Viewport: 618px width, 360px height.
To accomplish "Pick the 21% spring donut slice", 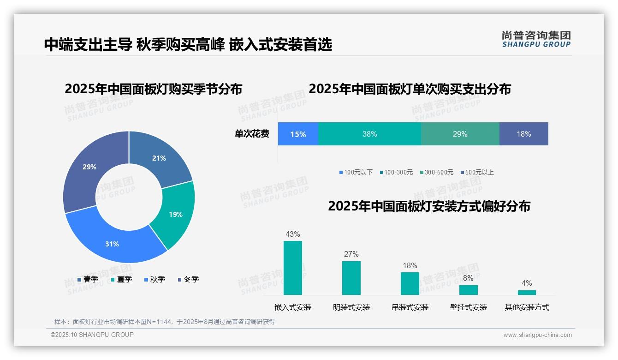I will [x=159, y=158].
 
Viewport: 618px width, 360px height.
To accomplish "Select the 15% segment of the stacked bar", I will [x=298, y=134].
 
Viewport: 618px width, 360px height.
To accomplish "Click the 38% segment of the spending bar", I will [x=369, y=134].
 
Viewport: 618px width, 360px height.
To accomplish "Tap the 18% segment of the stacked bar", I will [x=523, y=134].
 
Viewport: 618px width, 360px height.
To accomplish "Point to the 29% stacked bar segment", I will [x=460, y=134].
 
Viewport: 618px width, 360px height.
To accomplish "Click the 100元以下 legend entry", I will [x=356, y=172].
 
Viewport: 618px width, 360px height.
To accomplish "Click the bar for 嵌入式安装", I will [x=293, y=268].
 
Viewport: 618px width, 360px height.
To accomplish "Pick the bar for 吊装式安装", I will [x=410, y=283].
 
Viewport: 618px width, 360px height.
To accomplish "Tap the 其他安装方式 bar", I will [x=527, y=292].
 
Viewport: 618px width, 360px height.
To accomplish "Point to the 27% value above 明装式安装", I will [x=351, y=254].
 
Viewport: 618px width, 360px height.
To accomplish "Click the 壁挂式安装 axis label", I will [x=469, y=307].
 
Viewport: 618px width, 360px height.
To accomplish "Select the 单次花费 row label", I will [x=252, y=134].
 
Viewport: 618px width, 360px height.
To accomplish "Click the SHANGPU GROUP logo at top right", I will [x=536, y=39].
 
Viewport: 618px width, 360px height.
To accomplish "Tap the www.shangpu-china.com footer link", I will [x=537, y=335].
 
